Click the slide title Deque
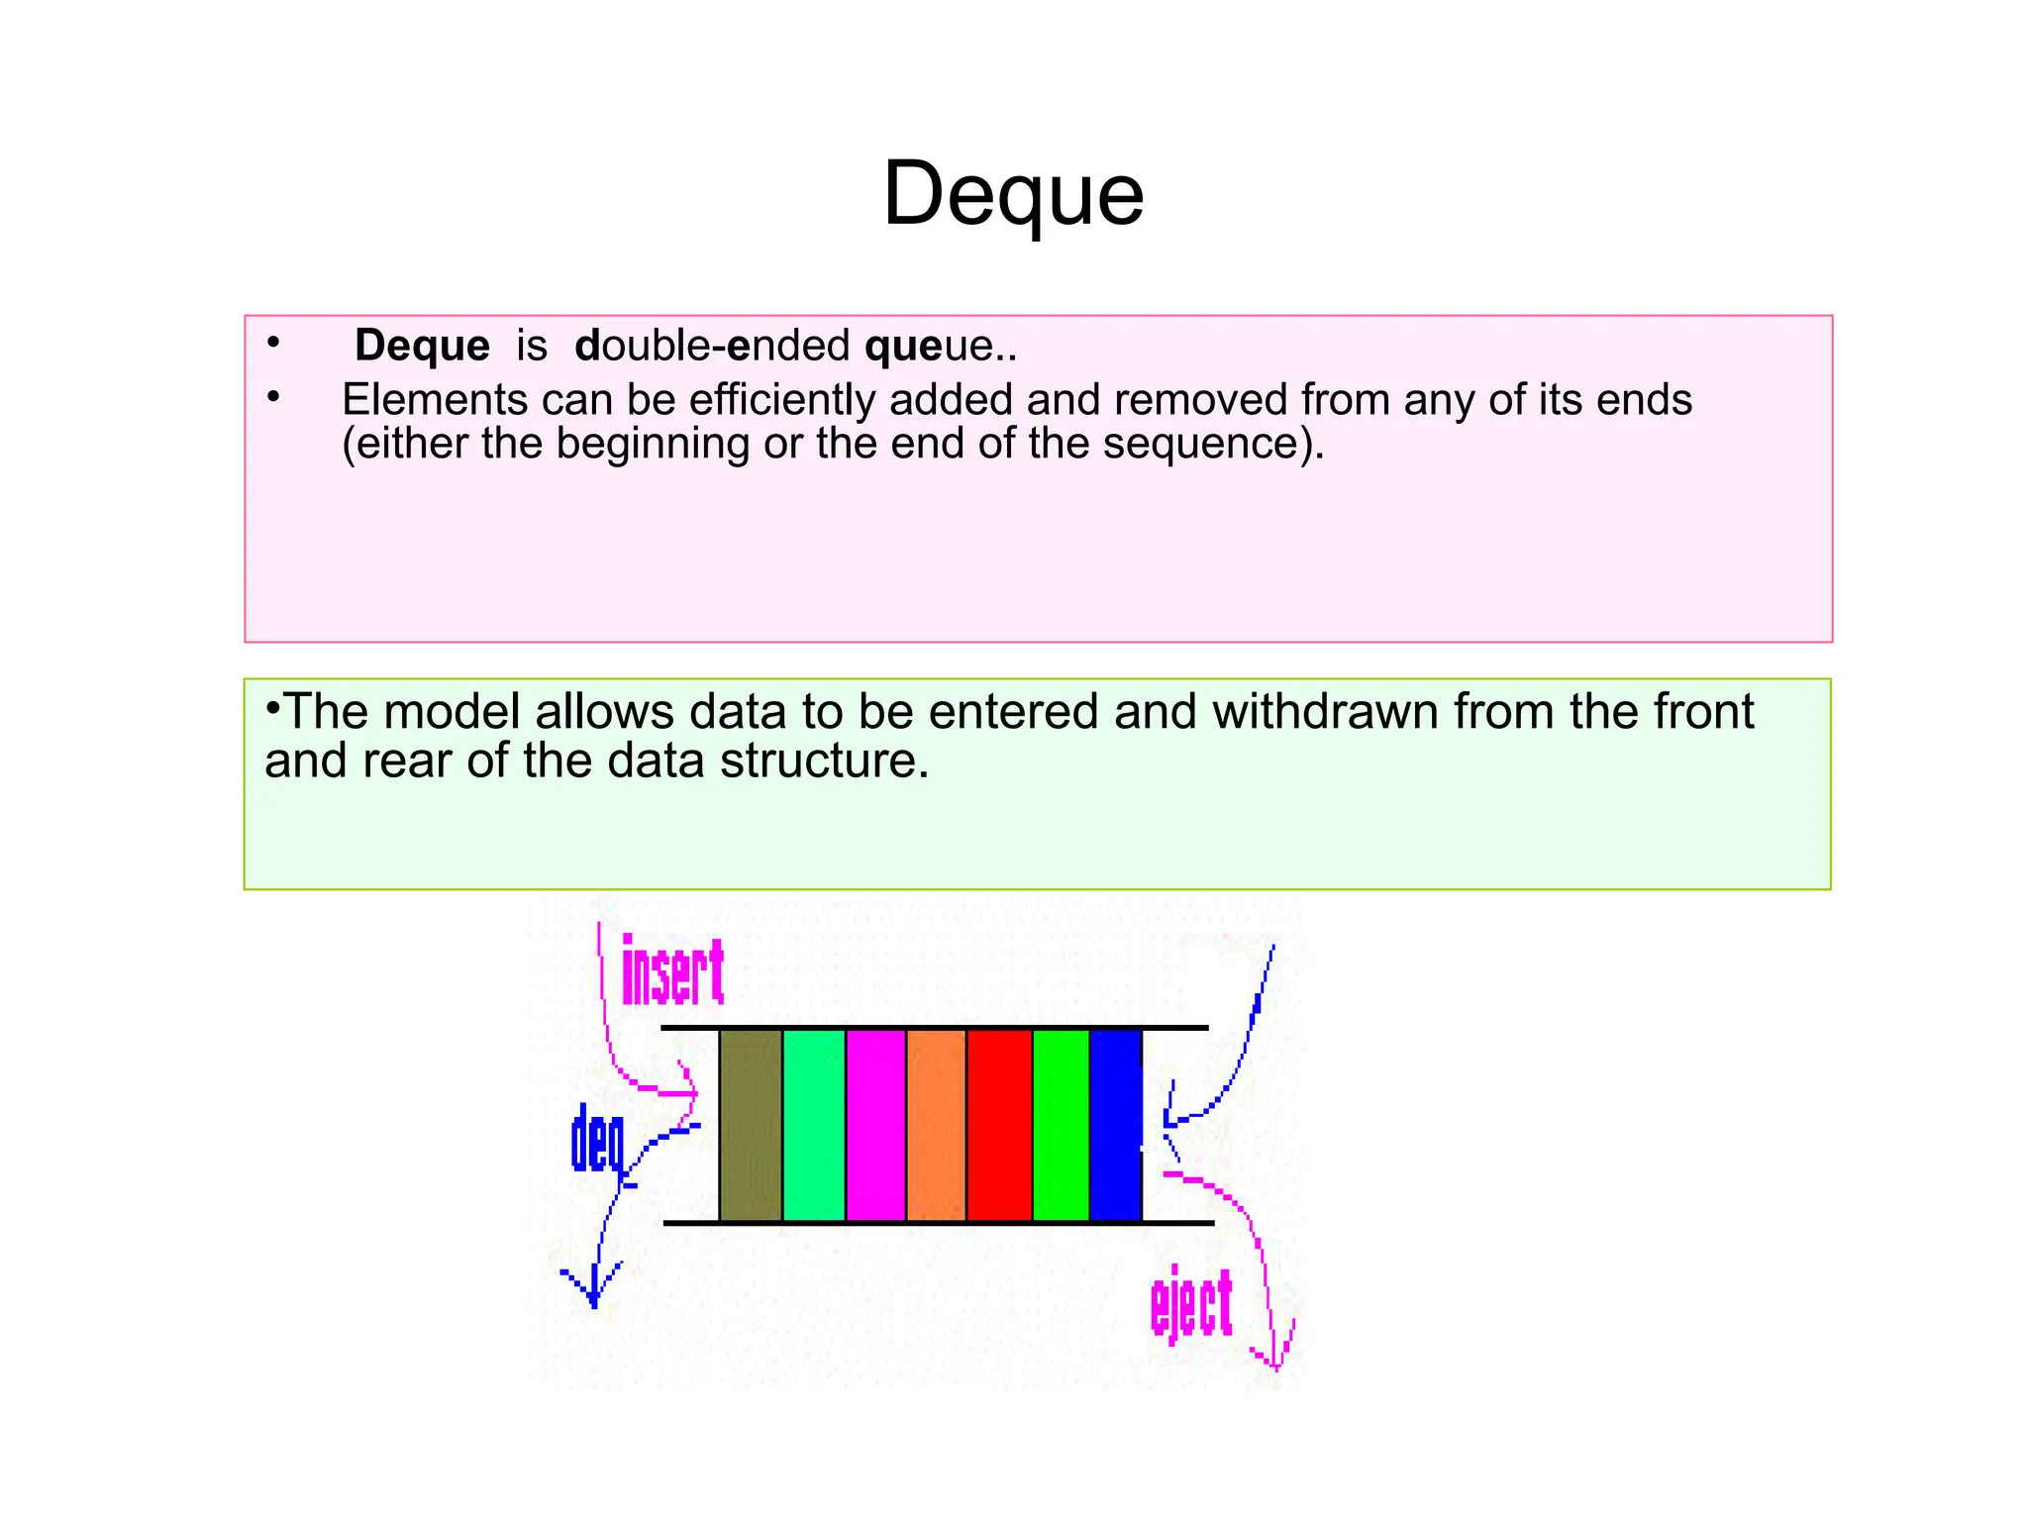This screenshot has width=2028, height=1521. [x=1013, y=195]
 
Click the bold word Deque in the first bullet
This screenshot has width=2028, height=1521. [x=422, y=346]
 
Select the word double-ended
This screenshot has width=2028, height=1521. [x=712, y=346]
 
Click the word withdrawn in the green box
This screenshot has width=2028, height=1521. [x=1325, y=712]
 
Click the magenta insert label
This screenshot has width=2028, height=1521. [x=672, y=971]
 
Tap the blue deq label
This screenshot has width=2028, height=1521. [x=598, y=1141]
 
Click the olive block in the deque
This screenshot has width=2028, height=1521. [x=751, y=1125]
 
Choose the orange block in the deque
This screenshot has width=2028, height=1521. [x=936, y=1125]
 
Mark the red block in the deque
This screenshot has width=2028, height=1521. [x=999, y=1125]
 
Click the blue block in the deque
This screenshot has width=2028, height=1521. [x=1116, y=1125]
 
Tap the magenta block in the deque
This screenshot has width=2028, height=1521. [x=875, y=1125]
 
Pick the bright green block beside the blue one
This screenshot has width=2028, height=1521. [x=1061, y=1125]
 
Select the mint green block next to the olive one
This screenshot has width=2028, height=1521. [x=814, y=1125]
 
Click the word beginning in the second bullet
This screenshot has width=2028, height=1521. [x=653, y=443]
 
